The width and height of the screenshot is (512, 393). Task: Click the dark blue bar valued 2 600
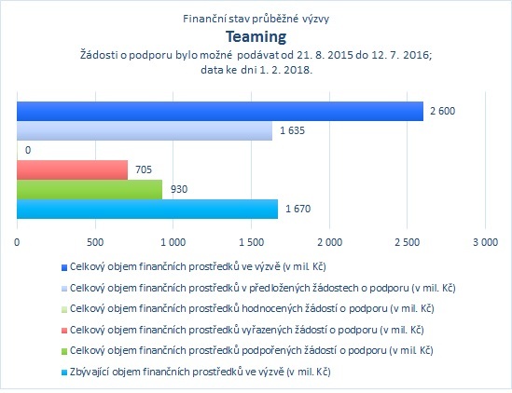[x=220, y=111]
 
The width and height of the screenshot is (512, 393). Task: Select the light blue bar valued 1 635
[x=145, y=130]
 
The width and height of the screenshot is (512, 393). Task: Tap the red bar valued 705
[x=72, y=169]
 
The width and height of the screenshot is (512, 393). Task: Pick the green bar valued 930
[x=90, y=189]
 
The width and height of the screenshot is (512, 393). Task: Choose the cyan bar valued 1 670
[x=147, y=209]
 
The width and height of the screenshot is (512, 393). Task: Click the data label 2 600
[x=442, y=111]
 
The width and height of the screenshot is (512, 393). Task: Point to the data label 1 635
[x=292, y=130]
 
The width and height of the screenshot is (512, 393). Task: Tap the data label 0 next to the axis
[x=28, y=150]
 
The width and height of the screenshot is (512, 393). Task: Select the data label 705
[x=144, y=169]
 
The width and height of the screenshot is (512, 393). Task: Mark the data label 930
[x=179, y=189]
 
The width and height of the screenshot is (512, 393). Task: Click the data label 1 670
[x=298, y=209]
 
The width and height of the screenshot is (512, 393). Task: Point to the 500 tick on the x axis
[x=95, y=242]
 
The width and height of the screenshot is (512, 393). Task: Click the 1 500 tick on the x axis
[x=252, y=242]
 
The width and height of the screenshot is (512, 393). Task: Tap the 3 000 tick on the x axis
[x=486, y=242]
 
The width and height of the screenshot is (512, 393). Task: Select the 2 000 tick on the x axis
[x=330, y=242]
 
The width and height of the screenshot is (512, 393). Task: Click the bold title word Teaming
[x=256, y=37]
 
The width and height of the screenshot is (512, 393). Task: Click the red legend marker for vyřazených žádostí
[x=64, y=331]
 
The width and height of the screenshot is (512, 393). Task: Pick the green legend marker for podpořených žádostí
[x=64, y=351]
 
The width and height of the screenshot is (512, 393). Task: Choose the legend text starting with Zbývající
[x=201, y=372]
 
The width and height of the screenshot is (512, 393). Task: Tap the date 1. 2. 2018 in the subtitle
[x=285, y=70]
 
